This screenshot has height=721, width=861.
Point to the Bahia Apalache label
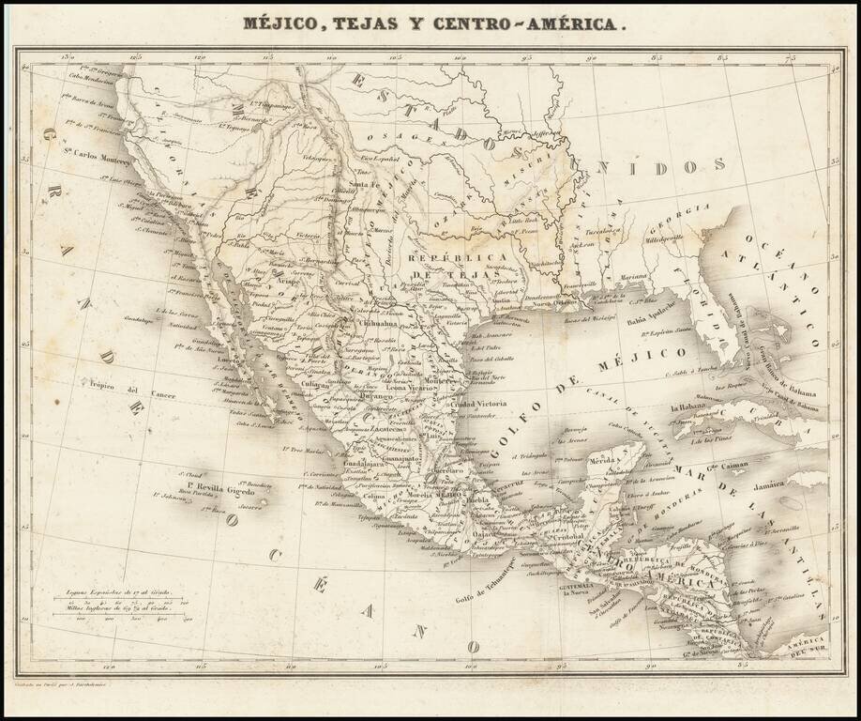click(x=653, y=320)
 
